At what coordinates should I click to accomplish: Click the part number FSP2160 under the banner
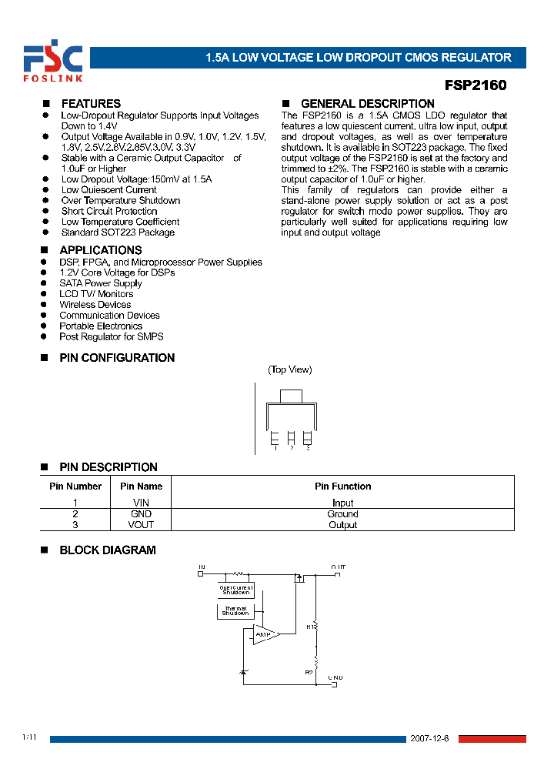pyautogui.click(x=476, y=86)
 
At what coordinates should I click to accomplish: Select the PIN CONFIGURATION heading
pyautogui.click(x=117, y=358)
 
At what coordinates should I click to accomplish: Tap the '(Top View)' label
pyautogui.click(x=290, y=369)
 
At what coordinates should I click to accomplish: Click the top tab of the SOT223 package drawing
pyautogui.click(x=290, y=396)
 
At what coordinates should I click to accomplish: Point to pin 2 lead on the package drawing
pyautogui.click(x=291, y=437)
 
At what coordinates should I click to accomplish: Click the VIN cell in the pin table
pyautogui.click(x=141, y=503)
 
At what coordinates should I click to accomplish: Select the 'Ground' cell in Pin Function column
pyautogui.click(x=342, y=514)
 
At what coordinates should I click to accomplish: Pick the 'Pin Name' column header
pyautogui.click(x=141, y=486)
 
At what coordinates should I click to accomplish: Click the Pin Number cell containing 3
pyautogui.click(x=75, y=525)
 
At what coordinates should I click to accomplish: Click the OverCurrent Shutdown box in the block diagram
pyautogui.click(x=235, y=590)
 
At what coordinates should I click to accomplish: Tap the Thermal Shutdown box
pyautogui.click(x=235, y=611)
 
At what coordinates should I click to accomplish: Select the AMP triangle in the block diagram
pyautogui.click(x=265, y=634)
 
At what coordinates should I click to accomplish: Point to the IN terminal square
pyautogui.click(x=200, y=573)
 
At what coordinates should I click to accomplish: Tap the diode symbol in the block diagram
pyautogui.click(x=244, y=672)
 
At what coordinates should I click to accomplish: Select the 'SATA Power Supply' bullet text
pyautogui.click(x=101, y=283)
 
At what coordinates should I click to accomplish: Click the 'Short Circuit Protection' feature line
pyautogui.click(x=109, y=211)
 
